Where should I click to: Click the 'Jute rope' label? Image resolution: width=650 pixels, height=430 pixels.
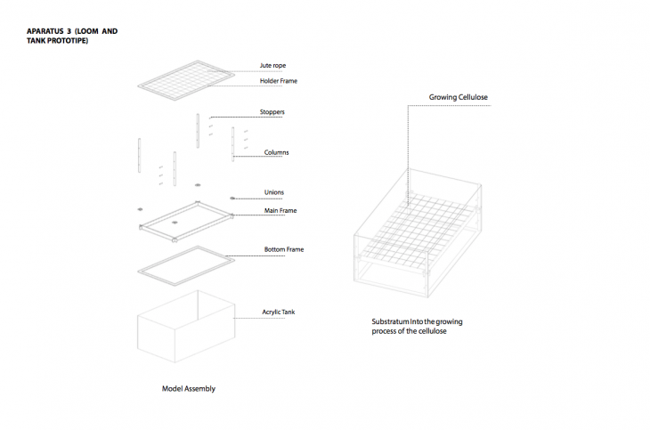tap(272, 66)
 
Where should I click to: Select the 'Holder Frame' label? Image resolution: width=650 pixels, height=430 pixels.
tap(279, 81)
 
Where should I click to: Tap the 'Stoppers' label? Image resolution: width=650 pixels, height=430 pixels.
tap(272, 112)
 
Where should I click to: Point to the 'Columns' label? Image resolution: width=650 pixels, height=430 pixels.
tap(277, 152)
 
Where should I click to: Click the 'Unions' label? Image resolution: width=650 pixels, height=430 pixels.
tap(274, 192)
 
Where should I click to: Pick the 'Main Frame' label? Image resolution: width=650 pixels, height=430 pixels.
tap(280, 211)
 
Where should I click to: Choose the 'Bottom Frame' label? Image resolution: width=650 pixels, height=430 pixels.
tap(284, 249)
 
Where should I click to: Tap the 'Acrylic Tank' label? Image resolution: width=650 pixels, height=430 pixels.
tap(279, 312)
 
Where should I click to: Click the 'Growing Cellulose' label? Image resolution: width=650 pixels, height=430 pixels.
tap(458, 97)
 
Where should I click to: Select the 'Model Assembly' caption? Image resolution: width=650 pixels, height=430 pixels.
tap(189, 388)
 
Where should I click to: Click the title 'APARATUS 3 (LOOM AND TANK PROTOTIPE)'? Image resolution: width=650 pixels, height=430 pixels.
tap(72, 36)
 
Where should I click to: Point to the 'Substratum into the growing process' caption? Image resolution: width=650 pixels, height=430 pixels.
tap(417, 327)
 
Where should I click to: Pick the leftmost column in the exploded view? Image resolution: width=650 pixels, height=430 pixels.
tap(139, 155)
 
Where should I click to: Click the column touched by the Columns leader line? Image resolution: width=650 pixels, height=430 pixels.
tap(233, 144)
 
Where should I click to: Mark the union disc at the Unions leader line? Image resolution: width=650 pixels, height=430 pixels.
tap(232, 199)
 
